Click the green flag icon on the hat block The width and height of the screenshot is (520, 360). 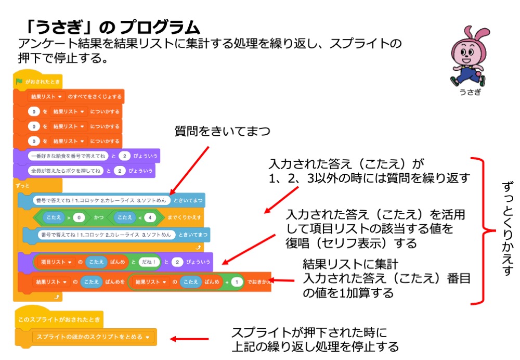tap(19, 81)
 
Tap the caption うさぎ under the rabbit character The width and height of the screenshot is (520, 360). tap(470, 92)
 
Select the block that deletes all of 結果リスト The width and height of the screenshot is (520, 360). tap(76, 97)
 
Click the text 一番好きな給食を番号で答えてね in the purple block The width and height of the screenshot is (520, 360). tap(68, 156)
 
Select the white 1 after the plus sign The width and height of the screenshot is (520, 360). tap(236, 282)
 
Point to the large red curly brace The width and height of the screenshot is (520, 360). tap(484, 229)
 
